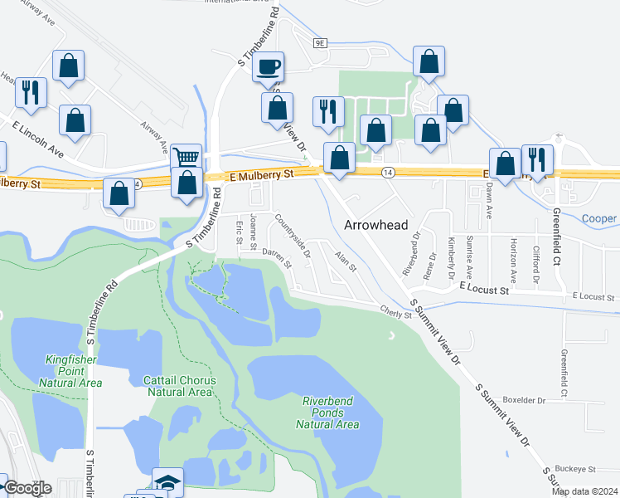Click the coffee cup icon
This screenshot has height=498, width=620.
tap(269, 66)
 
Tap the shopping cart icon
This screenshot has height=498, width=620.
tap(186, 157)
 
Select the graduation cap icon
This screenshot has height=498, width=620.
tap(167, 482)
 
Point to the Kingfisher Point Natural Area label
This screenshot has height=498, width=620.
tap(70, 371)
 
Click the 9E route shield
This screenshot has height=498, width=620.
tap(321, 40)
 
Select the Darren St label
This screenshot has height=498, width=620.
tap(277, 258)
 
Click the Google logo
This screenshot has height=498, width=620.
tap(27, 488)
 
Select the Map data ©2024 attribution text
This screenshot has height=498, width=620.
tap(584, 491)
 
